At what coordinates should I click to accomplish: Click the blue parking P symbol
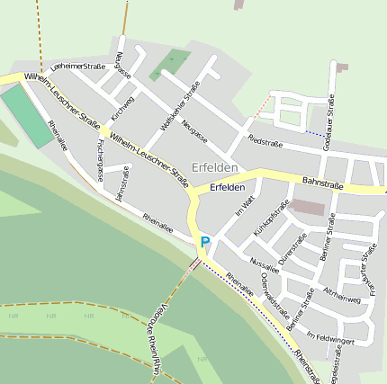pos(205,241)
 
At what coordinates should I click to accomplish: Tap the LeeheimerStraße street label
pos(79,66)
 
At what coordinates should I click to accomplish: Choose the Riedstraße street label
pos(265,142)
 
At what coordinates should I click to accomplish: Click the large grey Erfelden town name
pos(214,167)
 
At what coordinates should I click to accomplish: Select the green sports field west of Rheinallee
pos(28,116)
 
